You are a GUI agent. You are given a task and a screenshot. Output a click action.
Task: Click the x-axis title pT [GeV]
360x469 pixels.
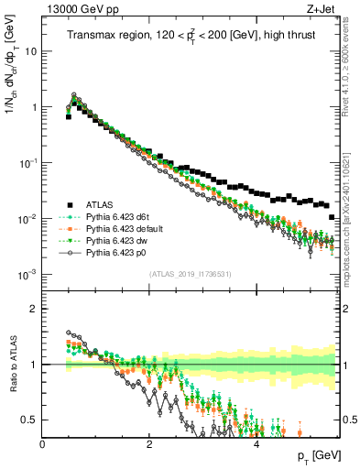pyautogui.click(x=314, y=455)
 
